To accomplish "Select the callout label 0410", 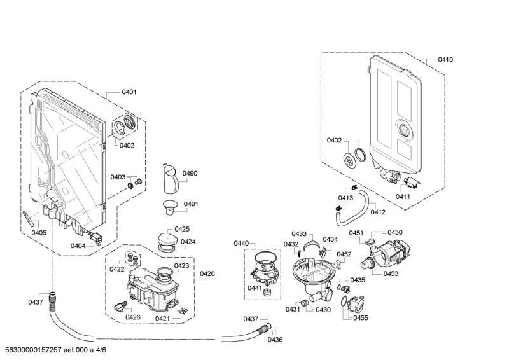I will [445, 59].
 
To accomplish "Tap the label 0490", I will [190, 173].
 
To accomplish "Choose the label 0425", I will [182, 229].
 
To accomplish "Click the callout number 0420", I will [207, 274].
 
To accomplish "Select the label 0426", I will [133, 317].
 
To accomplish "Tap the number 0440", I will [241, 243].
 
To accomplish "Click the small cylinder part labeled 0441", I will [267, 293].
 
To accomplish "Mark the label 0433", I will [299, 233].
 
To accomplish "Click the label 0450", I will [395, 232].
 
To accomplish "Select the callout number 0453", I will [391, 273].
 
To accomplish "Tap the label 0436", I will [275, 340].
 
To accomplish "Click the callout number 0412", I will [378, 212].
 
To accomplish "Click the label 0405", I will [39, 232].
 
